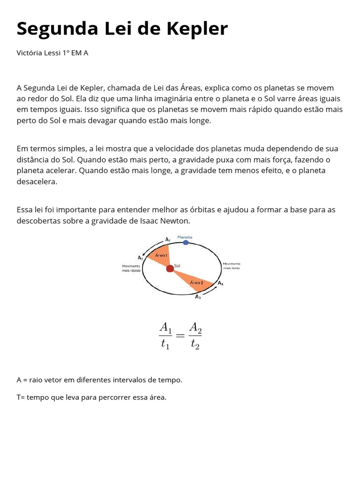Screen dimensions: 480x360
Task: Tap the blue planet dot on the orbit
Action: [186, 242]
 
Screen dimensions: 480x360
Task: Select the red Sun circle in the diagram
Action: [170, 269]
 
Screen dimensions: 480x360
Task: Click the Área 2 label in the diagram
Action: [196, 283]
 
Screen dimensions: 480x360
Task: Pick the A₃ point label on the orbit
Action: [198, 297]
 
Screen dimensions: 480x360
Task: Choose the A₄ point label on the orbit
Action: [220, 283]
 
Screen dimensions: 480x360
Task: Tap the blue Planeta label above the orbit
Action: [185, 237]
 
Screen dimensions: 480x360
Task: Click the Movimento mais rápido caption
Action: [131, 268]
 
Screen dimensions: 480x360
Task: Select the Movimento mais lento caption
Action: [232, 266]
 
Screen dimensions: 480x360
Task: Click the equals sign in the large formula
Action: [180, 336]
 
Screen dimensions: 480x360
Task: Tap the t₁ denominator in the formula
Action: [165, 345]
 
